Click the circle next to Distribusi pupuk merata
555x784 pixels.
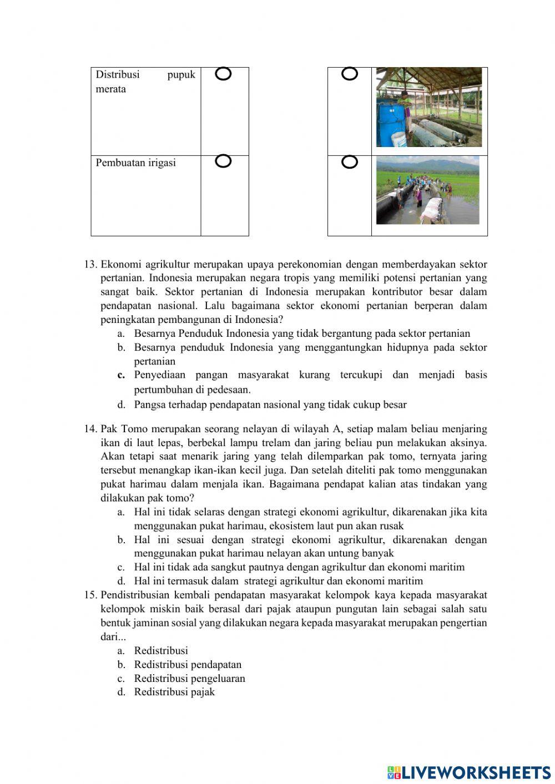click(223, 74)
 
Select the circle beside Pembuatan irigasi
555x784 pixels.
click(223, 161)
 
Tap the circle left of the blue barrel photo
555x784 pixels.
click(349, 74)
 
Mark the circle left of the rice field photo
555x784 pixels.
click(349, 162)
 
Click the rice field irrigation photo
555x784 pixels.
click(427, 190)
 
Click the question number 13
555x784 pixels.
click(90, 264)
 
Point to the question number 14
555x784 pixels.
click(90, 429)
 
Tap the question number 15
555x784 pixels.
click(90, 595)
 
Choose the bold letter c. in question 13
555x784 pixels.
click(121, 375)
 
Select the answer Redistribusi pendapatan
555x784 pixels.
click(188, 664)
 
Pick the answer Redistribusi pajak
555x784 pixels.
click(174, 692)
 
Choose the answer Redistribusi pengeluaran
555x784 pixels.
click(189, 678)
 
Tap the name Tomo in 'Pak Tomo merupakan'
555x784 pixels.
click(134, 429)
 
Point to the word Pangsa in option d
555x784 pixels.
click(150, 404)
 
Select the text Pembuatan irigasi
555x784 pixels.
click(135, 163)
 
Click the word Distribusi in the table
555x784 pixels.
click(118, 74)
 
